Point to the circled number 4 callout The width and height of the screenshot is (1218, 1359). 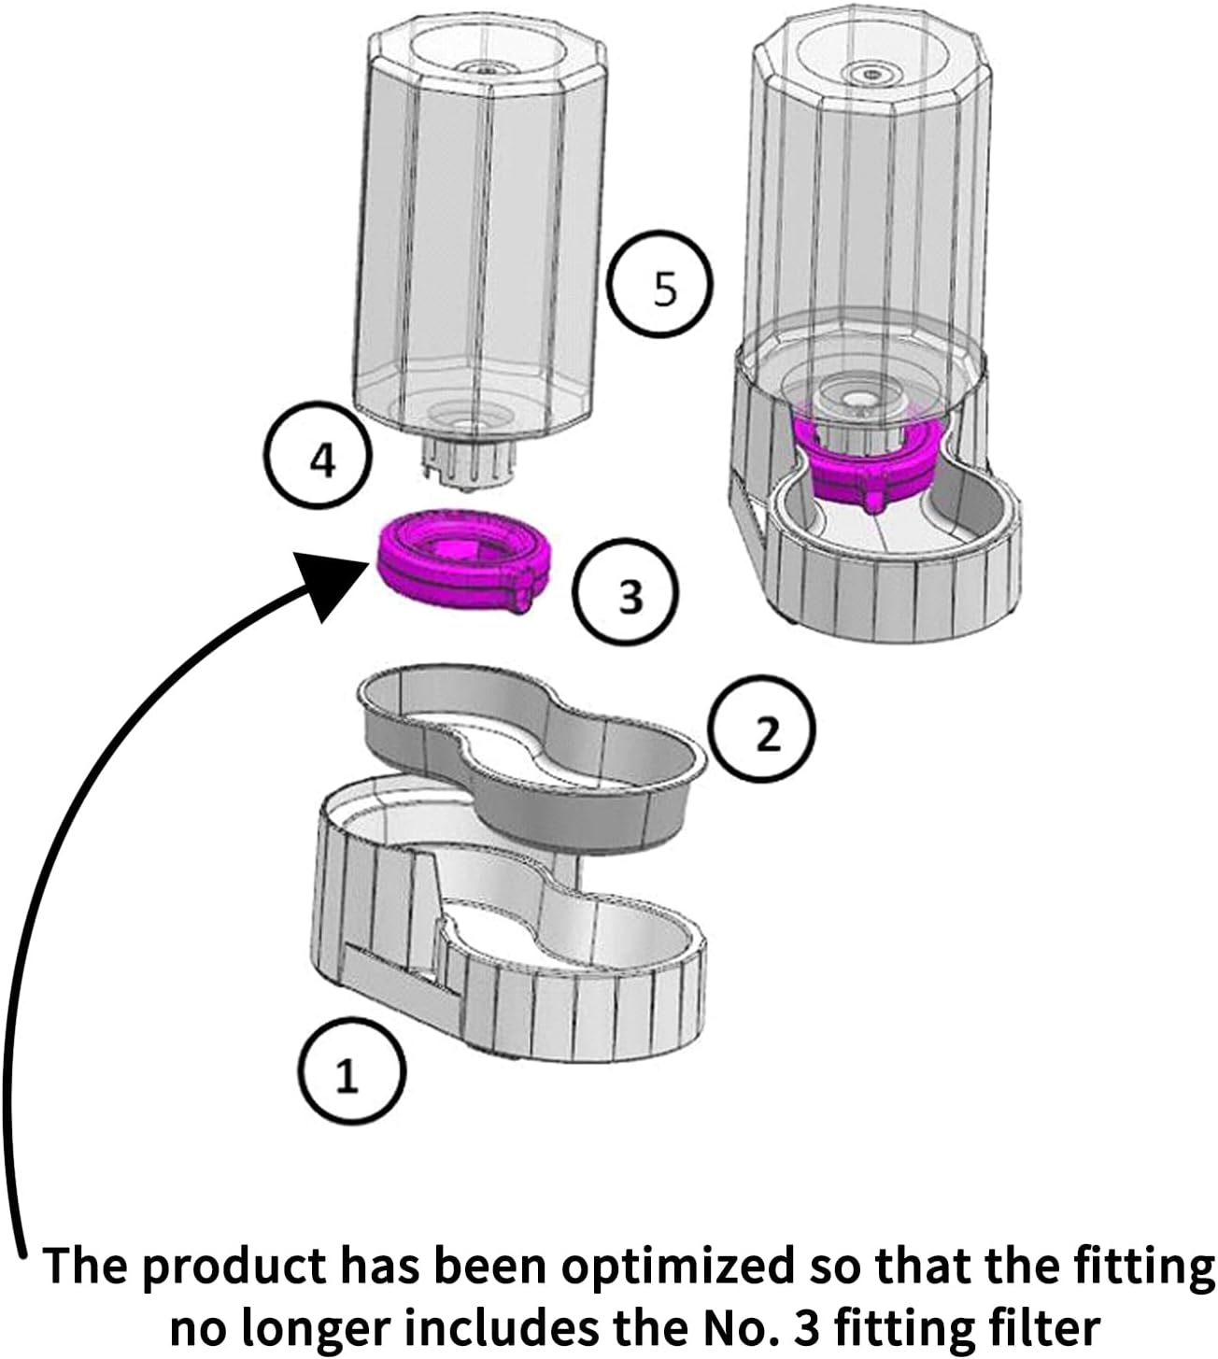click(x=319, y=460)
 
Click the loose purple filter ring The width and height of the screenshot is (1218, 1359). click(x=464, y=559)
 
